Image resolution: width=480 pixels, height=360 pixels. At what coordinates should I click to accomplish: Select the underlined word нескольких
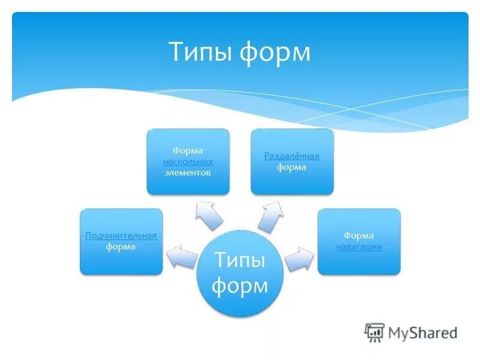click(x=188, y=162)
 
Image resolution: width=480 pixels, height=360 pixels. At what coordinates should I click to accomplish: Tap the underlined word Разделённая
click(x=292, y=157)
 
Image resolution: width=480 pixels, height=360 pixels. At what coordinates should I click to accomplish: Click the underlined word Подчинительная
click(x=121, y=236)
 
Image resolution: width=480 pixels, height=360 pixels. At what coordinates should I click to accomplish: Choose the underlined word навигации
click(x=359, y=247)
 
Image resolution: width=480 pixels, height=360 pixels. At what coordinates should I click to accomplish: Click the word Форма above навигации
click(x=359, y=236)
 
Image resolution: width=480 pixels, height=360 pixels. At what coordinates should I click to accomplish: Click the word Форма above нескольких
click(x=188, y=151)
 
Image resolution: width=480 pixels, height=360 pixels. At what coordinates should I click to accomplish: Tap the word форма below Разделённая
click(x=292, y=167)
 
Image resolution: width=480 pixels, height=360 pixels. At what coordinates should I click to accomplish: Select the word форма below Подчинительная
click(x=121, y=247)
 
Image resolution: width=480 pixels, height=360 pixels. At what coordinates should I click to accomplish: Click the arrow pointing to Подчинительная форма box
click(x=182, y=257)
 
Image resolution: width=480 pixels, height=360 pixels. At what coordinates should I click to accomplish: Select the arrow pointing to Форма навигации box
click(x=299, y=259)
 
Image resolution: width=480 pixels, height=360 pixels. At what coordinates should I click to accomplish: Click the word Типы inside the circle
click(x=239, y=261)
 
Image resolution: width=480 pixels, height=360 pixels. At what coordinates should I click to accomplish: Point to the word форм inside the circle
click(x=239, y=286)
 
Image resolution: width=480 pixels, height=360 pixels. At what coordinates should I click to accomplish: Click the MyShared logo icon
click(x=375, y=332)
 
